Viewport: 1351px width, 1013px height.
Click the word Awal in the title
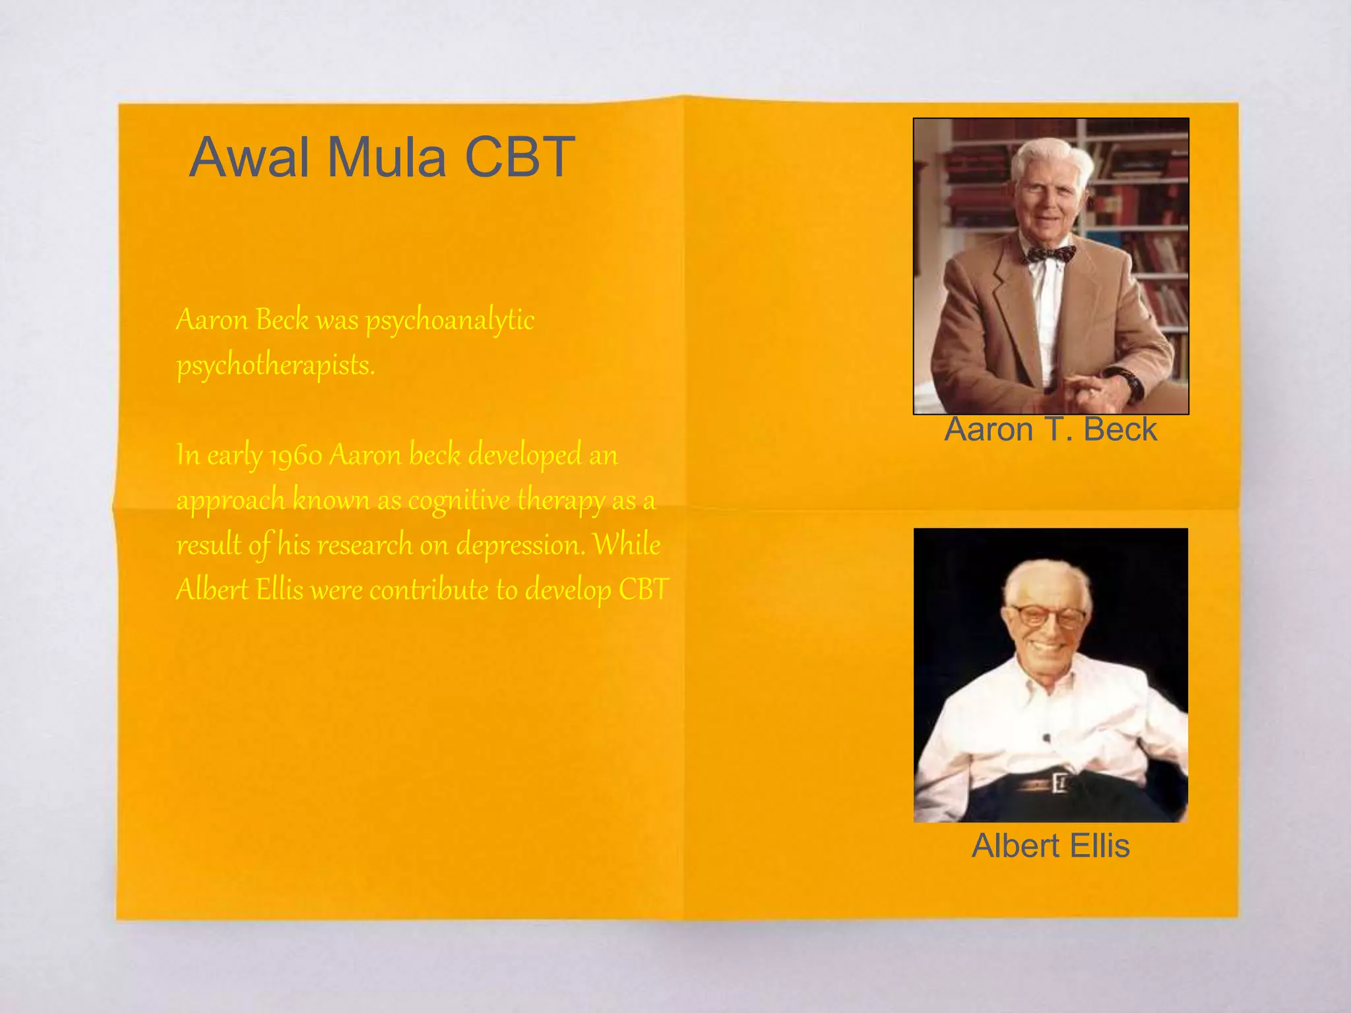[249, 157]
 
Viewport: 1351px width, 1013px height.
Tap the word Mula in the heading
[387, 157]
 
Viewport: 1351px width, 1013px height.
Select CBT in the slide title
[520, 157]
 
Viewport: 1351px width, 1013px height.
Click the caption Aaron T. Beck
[1050, 429]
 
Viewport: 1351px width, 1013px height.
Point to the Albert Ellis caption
[1050, 845]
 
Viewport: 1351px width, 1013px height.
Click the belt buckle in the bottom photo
[1059, 783]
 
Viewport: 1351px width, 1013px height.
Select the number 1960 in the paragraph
[296, 456]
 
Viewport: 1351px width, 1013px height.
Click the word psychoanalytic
[450, 321]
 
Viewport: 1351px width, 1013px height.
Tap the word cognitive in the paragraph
[458, 501]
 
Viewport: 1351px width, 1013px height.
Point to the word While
[626, 544]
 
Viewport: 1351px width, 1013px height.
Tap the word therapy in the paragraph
[561, 501]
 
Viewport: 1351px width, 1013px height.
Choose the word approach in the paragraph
[230, 501]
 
